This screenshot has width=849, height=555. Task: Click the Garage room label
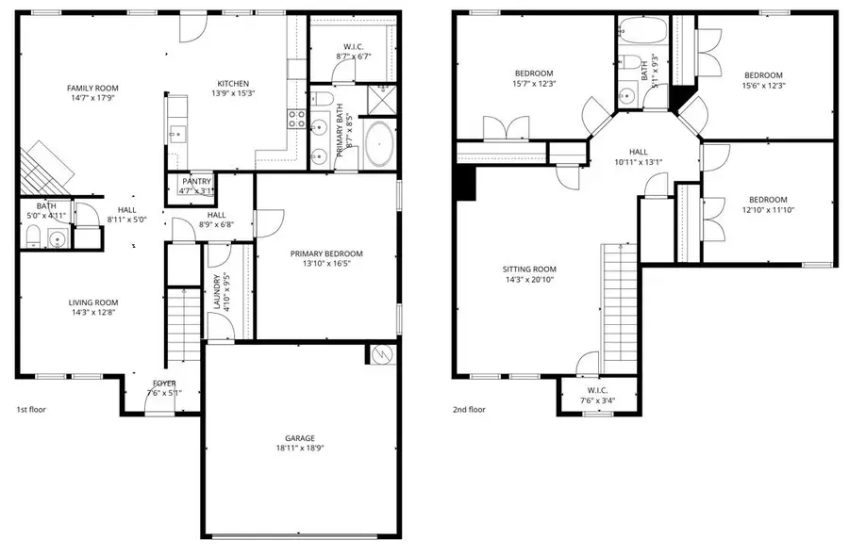(300, 438)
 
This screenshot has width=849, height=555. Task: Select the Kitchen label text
(233, 82)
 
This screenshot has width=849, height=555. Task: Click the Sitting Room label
(529, 269)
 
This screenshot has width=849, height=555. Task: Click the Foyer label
(164, 383)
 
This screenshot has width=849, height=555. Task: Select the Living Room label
(93, 302)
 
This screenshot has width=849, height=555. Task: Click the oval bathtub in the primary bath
(382, 144)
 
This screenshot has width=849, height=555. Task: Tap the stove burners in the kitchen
(296, 119)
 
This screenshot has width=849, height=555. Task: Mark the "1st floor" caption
(31, 410)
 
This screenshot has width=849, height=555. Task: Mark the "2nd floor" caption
(469, 410)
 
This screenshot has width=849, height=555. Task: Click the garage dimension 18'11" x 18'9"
(300, 449)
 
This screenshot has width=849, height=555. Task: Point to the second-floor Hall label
(639, 151)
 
